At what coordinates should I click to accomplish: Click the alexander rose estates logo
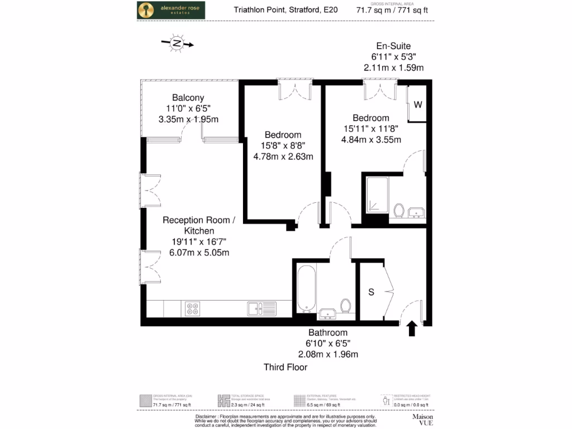(171, 10)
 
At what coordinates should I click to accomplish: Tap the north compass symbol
(177, 43)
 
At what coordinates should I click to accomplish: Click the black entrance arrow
(412, 328)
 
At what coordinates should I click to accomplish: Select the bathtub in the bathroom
(307, 288)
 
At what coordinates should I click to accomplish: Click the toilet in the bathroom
(345, 306)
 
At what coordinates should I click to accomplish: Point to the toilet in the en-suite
(399, 211)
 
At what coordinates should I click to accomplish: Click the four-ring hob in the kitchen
(193, 309)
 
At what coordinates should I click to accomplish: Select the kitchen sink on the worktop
(261, 308)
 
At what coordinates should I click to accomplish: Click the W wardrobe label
(418, 104)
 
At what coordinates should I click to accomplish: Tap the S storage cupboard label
(370, 292)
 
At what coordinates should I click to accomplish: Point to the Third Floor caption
(285, 367)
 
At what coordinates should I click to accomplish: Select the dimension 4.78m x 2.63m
(283, 156)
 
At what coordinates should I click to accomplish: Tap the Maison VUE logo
(423, 420)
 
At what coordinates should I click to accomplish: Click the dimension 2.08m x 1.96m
(328, 354)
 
